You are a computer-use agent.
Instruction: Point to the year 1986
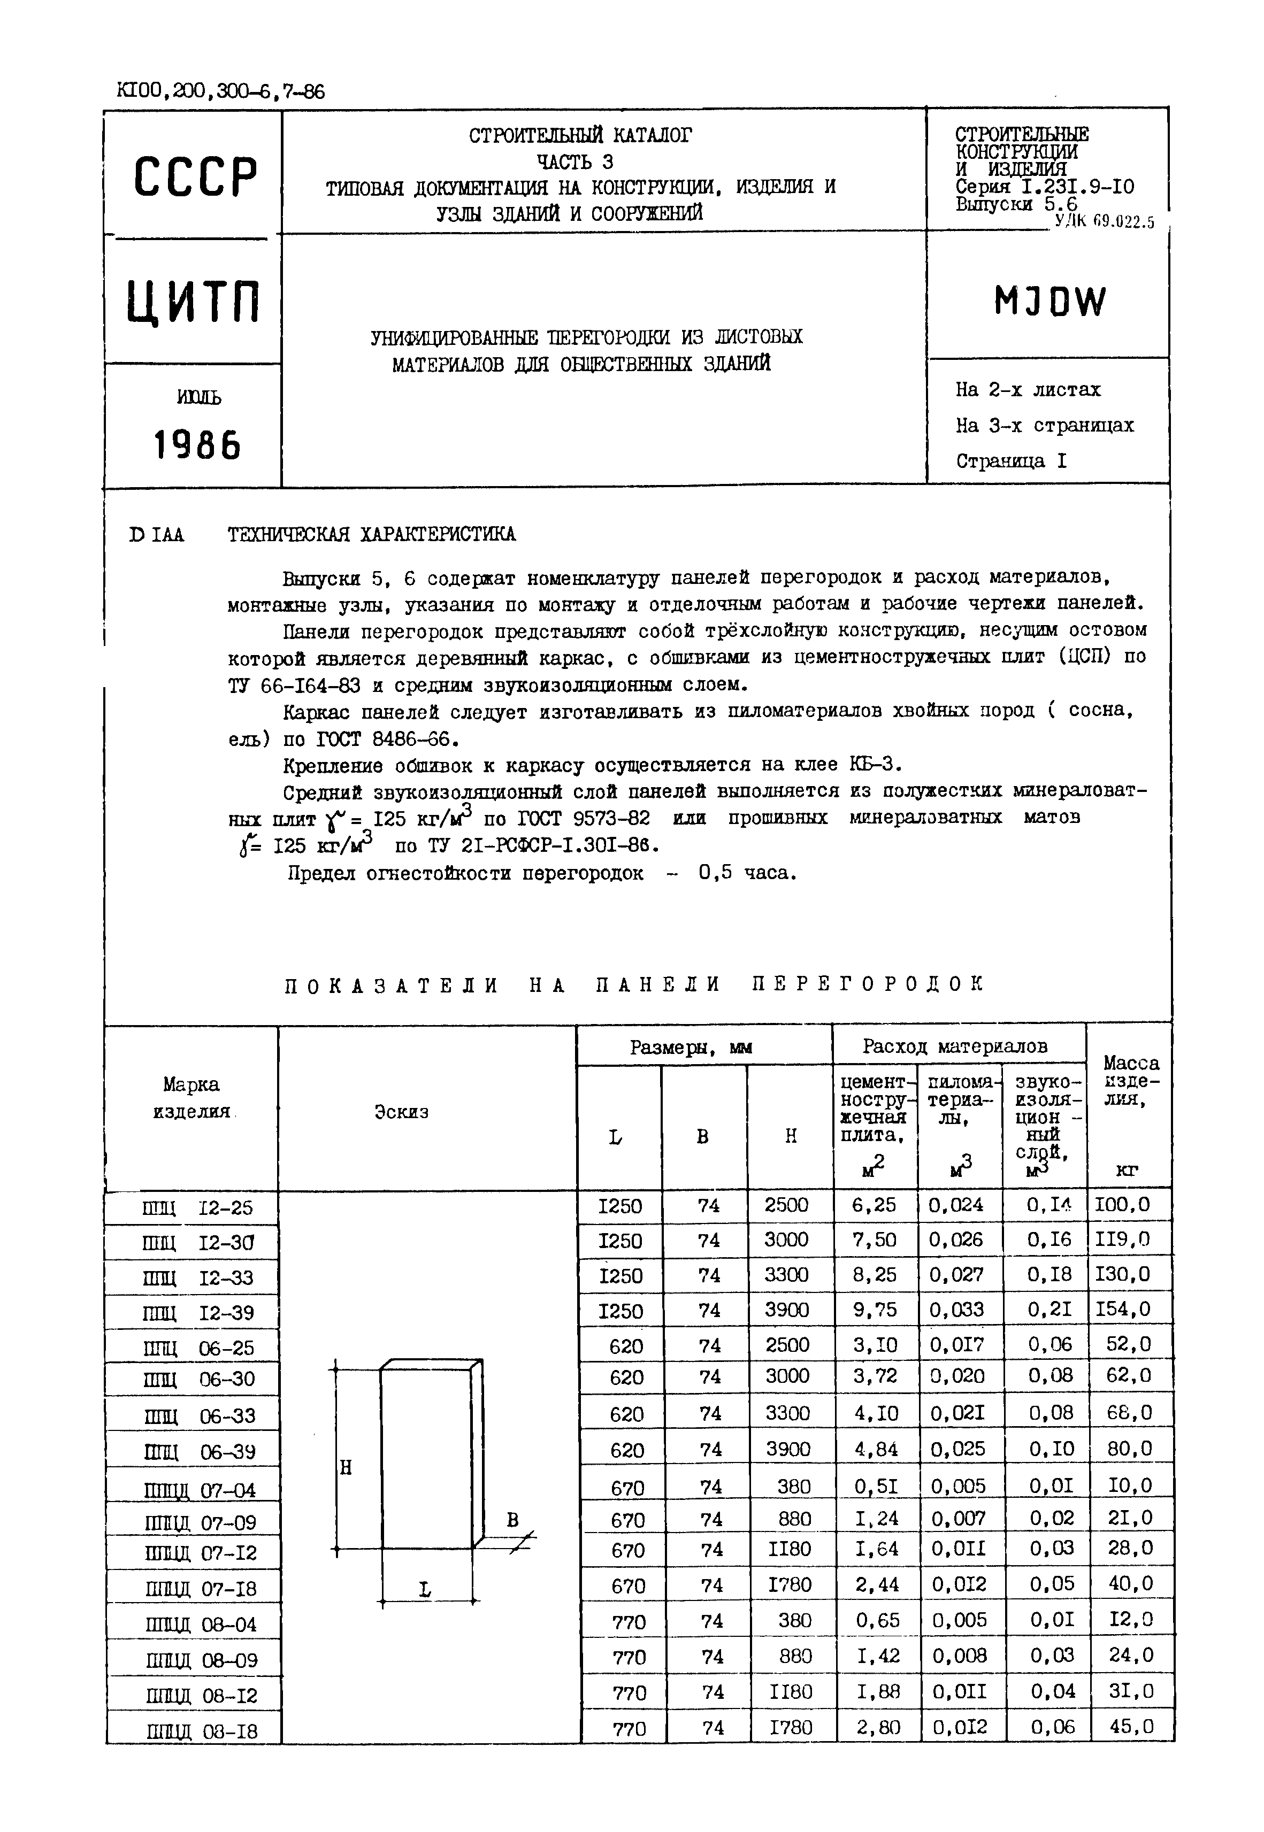(x=196, y=447)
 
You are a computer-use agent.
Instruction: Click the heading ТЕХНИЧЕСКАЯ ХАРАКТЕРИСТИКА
(x=371, y=534)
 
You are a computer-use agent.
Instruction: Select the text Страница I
(x=1012, y=461)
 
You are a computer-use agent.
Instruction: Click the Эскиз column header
(x=402, y=1112)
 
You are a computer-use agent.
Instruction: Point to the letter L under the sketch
(x=425, y=1589)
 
